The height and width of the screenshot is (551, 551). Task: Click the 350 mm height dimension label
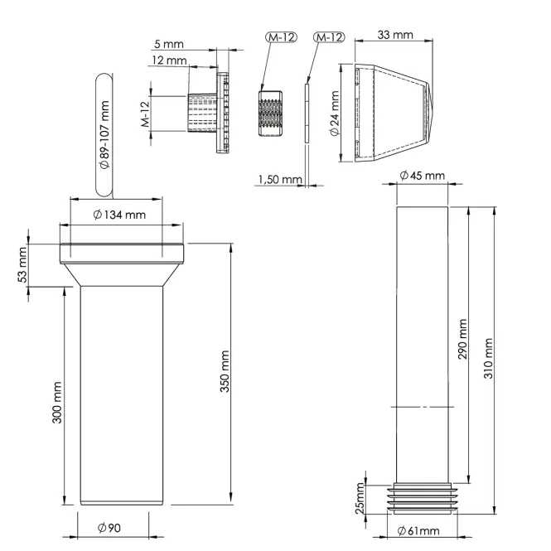225,371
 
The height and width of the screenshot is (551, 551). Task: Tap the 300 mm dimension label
57,403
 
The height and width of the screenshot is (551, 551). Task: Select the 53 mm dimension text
22,264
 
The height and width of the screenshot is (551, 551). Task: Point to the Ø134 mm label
119,215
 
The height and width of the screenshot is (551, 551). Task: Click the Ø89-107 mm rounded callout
104,134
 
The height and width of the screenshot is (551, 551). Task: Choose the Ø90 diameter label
109,528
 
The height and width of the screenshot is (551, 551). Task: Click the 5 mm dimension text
169,44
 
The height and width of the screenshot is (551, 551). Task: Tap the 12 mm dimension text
169,60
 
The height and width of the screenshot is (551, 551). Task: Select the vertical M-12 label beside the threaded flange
146,114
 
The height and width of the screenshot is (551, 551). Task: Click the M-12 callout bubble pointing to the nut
281,37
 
